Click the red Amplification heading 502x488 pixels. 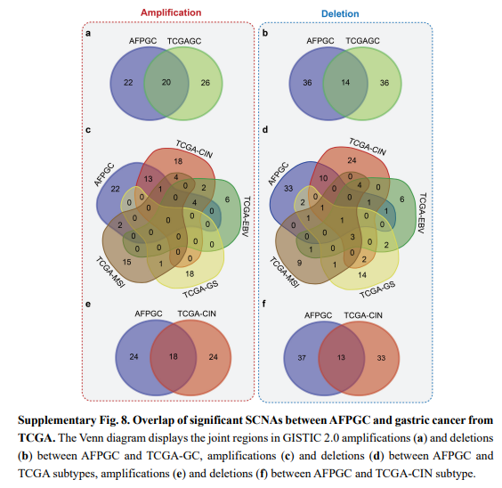pos(171,12)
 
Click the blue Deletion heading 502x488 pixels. pos(340,13)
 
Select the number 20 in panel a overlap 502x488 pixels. pos(166,82)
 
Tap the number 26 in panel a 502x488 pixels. pos(206,83)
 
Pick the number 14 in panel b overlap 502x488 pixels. pos(345,82)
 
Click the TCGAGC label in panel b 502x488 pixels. pos(362,41)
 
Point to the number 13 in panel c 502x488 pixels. pos(149,179)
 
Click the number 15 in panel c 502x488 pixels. pos(126,262)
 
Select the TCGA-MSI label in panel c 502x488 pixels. pos(110,272)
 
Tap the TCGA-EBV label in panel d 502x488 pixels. pos(423,213)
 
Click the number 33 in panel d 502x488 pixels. pos(288,188)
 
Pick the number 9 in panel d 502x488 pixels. pos(299,263)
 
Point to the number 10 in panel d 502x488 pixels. pos(323,178)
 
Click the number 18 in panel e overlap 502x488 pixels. pos(174,356)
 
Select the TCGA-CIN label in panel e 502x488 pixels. pos(197,313)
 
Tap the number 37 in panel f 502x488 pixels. pos(302,358)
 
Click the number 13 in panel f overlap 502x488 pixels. pos(341,357)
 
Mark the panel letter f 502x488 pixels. pos(263,304)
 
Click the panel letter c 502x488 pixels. pos(88,130)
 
